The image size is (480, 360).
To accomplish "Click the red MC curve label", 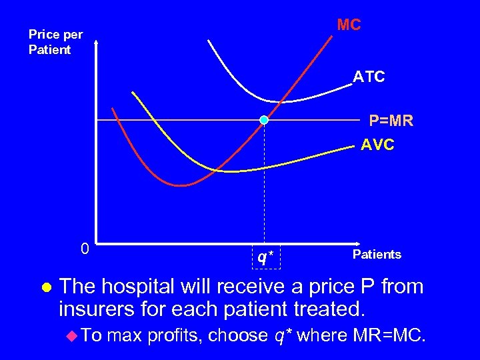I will pyautogui.click(x=349, y=25).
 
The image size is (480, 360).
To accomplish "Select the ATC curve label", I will pyautogui.click(x=369, y=77).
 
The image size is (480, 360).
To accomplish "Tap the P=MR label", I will pyautogui.click(x=391, y=121).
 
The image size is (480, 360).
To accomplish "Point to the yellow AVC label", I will pyautogui.click(x=377, y=144).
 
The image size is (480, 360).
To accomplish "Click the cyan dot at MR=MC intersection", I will pyautogui.click(x=264, y=120).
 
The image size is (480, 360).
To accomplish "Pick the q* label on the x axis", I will pyautogui.click(x=266, y=257).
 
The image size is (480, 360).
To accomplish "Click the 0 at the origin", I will pyautogui.click(x=84, y=249).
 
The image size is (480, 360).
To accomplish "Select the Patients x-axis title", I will pyautogui.click(x=377, y=254).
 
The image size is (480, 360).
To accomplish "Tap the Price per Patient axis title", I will pyautogui.click(x=55, y=42).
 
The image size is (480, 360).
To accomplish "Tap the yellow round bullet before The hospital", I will pyautogui.click(x=46, y=288).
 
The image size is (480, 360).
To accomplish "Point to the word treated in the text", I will pyautogui.click(x=333, y=309).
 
